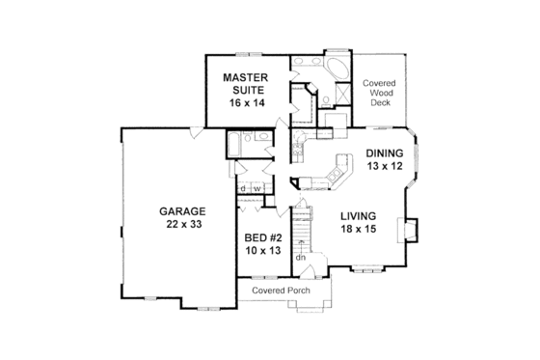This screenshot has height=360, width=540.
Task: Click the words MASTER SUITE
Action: click(245, 83)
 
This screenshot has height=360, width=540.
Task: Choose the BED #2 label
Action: click(261, 237)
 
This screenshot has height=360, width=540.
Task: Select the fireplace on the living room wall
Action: click(411, 231)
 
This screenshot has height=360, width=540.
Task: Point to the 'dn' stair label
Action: click(301, 257)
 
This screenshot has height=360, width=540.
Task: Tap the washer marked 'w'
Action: click(257, 187)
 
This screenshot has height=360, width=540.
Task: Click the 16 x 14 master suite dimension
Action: click(245, 100)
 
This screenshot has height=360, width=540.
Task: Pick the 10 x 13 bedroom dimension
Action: click(261, 251)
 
